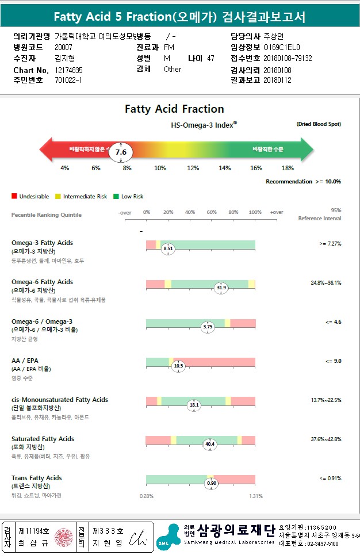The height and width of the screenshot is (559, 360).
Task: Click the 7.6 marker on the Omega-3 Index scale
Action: pyautogui.click(x=121, y=152)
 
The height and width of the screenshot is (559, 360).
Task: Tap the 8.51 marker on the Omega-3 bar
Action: pyautogui.click(x=168, y=248)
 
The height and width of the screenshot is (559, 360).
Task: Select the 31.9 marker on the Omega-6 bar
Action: pyautogui.click(x=221, y=288)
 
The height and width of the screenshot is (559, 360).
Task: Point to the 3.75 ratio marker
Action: pyautogui.click(x=208, y=327)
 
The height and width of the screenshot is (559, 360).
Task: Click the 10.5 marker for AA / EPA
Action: pyautogui.click(x=178, y=366)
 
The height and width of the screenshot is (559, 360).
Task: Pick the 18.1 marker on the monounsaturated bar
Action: pyautogui.click(x=194, y=405)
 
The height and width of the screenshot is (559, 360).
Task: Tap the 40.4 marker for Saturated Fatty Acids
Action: pyautogui.click(x=210, y=444)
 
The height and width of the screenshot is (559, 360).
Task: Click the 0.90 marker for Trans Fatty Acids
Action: pyautogui.click(x=212, y=483)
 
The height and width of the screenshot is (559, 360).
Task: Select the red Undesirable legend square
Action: pyautogui.click(x=14, y=196)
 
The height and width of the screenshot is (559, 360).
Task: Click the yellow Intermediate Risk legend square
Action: pyautogui.click(x=58, y=196)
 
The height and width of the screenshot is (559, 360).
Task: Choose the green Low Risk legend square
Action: pyautogui.click(x=116, y=196)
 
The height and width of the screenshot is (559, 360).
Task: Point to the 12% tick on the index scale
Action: pyautogui.click(x=193, y=168)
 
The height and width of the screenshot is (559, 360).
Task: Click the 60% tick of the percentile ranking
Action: pyautogui.click(x=212, y=212)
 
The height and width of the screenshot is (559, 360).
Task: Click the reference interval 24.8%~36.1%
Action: pyautogui.click(x=325, y=282)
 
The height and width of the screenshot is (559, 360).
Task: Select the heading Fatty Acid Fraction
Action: pyautogui.click(x=174, y=109)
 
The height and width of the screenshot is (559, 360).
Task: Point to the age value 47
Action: pyautogui.click(x=210, y=58)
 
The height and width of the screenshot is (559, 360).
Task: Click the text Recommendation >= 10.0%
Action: pyautogui.click(x=303, y=181)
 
